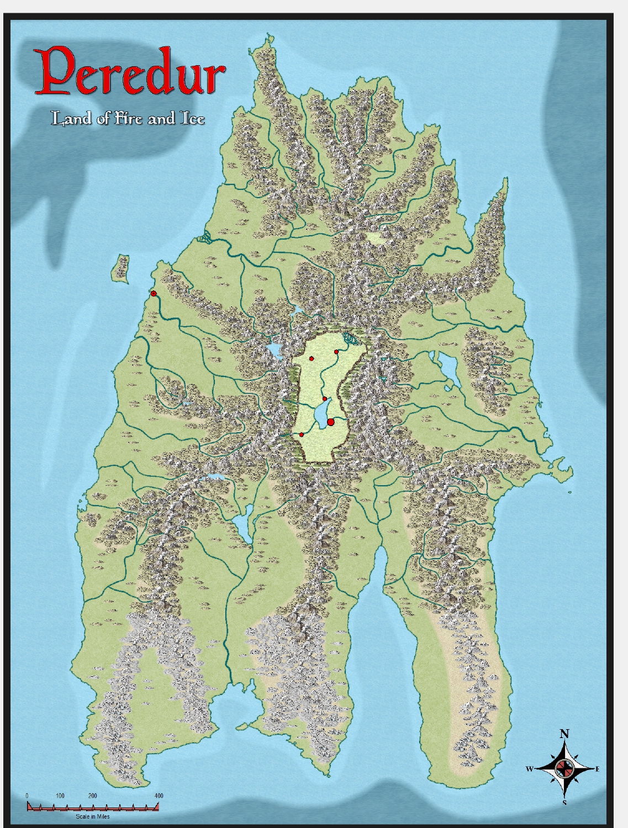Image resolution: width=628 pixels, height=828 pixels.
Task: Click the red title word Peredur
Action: coord(130,72)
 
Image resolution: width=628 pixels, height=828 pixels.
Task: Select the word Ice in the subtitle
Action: coord(193,118)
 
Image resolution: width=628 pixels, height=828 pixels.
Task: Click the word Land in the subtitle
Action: coord(71,118)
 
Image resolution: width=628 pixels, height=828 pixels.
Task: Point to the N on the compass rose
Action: coord(564,734)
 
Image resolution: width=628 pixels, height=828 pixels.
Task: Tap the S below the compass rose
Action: coord(564,803)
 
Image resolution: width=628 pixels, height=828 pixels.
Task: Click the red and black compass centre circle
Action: coord(564,768)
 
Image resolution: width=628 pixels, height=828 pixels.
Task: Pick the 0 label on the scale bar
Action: coord(28,795)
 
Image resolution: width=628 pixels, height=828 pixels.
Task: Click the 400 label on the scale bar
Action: coord(159,795)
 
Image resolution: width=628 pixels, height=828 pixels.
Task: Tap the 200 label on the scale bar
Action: coord(93,795)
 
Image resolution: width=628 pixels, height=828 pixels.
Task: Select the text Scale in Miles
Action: coord(92,816)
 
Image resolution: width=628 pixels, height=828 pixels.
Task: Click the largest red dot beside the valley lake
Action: coord(331,422)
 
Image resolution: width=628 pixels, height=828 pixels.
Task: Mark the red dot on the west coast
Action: coord(154,294)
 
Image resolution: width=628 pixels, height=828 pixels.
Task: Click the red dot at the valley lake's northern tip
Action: coord(325,399)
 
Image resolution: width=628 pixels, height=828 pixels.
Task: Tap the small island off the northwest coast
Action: coord(121,268)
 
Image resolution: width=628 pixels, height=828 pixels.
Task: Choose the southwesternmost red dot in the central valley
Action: coord(302,435)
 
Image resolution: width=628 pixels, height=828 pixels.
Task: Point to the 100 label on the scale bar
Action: coord(60,795)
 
